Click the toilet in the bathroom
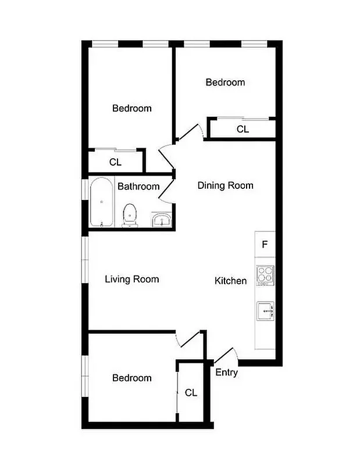130,215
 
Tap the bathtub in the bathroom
102,202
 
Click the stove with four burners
265,275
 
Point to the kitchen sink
265,312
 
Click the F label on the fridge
265,244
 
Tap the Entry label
226,373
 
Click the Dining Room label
226,185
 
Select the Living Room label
131,279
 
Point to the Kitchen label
231,281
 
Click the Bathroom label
138,187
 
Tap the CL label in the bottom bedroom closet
191,393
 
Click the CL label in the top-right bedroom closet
243,130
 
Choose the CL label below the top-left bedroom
115,162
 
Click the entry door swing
226,356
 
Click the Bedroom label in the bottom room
132,378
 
